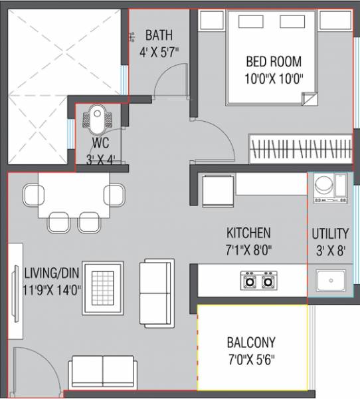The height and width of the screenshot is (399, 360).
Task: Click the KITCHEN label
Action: [248, 233]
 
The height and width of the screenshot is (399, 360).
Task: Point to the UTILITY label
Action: [330, 233]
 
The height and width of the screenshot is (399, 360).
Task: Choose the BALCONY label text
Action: [251, 344]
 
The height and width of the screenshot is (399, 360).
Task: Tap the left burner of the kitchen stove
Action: [250, 281]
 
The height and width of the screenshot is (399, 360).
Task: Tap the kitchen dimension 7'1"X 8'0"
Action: [248, 250]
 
